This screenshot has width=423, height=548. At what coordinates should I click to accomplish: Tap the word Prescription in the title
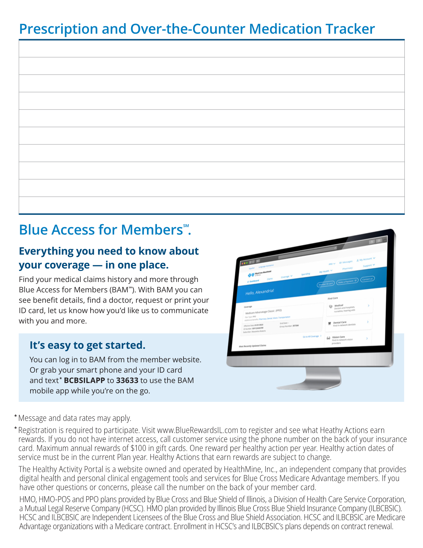pos(58,30)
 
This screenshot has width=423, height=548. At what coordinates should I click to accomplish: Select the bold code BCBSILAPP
pos(84,380)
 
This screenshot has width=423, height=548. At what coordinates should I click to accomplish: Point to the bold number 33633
pos(127,380)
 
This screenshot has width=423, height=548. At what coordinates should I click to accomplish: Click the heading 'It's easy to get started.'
pos(88,345)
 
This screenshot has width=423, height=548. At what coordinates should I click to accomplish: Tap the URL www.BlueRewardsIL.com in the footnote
pos(197,430)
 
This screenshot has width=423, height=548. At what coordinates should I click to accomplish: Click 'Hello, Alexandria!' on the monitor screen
pos(260,292)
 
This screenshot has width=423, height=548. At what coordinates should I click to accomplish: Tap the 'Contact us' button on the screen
pos(367,279)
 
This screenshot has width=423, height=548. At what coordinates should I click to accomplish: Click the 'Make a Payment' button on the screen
pos(347,282)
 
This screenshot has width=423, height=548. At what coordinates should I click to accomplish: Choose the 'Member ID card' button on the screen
pos(325,284)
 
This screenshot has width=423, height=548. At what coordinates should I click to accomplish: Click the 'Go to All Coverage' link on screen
pos(311,336)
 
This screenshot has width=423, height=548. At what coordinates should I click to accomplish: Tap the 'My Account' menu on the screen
pos(366,259)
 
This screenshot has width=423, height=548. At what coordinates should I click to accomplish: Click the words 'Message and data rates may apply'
pos(75,418)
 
